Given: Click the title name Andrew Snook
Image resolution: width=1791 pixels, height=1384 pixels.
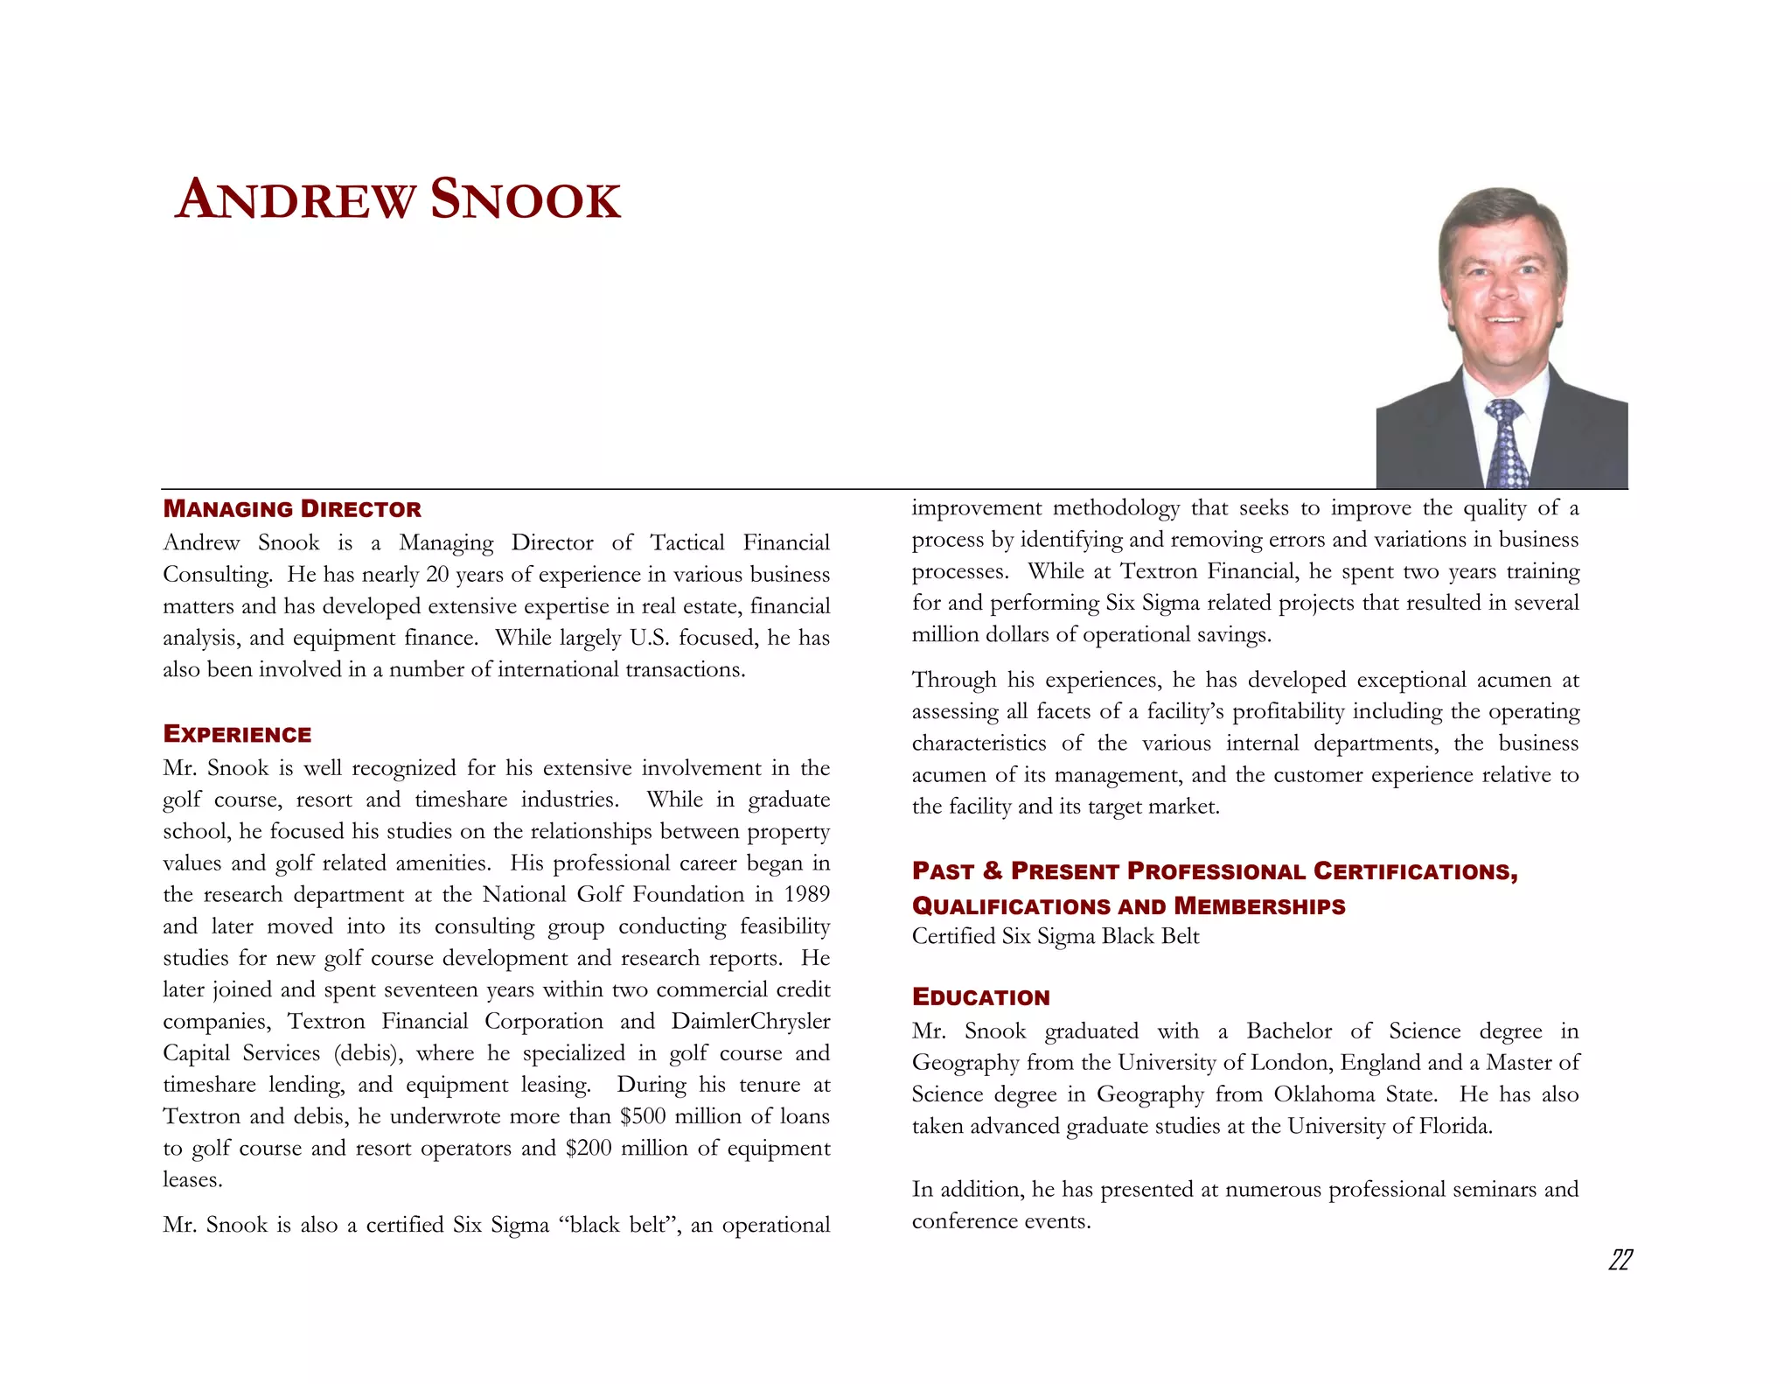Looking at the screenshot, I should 398,200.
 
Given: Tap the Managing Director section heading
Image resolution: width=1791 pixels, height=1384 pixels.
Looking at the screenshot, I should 292,509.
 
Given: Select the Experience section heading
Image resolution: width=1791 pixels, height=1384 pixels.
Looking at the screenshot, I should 237,735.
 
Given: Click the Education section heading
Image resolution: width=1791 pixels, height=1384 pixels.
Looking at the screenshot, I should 980,997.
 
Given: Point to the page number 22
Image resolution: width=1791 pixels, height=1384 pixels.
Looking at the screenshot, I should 1620,1260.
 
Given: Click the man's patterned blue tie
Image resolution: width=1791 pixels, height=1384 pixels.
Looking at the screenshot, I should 1506,446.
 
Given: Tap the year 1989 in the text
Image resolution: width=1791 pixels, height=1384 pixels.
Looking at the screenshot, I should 806,895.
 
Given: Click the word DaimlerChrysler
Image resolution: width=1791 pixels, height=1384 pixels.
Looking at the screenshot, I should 750,1022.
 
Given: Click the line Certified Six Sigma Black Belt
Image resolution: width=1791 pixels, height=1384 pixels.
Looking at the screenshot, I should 1056,937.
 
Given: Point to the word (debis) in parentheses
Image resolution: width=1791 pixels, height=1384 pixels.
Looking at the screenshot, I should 368,1053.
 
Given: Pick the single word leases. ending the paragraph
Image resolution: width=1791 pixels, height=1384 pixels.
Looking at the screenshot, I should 192,1180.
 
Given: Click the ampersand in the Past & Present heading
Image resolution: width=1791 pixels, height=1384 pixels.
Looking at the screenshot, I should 992,871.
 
